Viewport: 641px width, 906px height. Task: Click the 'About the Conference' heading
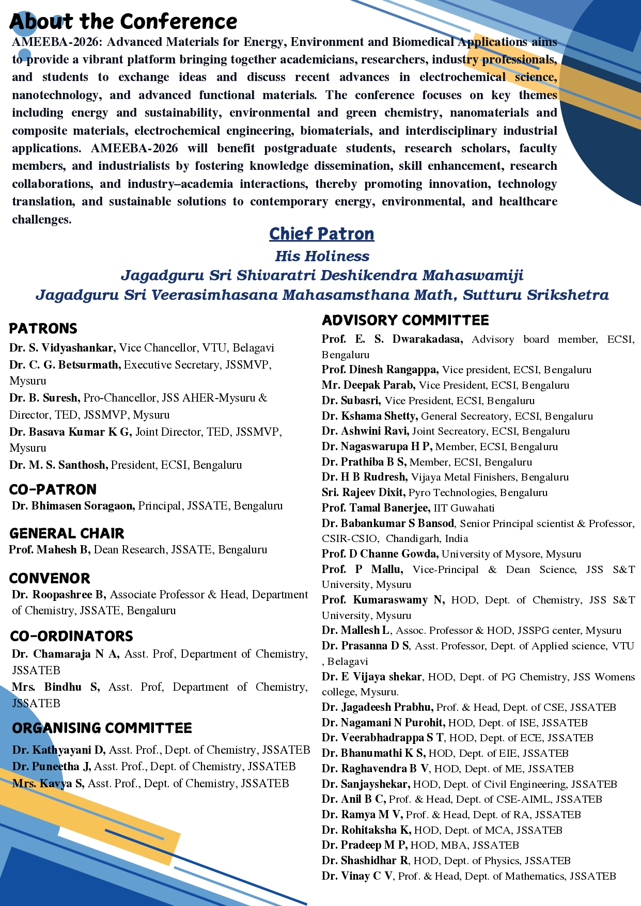coord(123,22)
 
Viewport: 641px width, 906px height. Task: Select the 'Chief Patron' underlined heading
coord(321,234)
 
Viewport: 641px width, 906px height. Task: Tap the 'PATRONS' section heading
coord(43,328)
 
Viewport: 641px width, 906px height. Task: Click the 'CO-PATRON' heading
coord(53,489)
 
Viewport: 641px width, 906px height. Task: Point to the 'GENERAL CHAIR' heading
coord(67,533)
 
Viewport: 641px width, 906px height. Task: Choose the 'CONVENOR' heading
coord(50,578)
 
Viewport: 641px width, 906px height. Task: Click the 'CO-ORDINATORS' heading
coord(72,636)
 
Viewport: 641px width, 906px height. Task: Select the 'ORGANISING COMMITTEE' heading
coord(102,728)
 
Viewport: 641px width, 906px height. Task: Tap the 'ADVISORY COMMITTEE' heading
coord(405,321)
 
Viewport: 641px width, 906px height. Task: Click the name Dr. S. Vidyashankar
coord(62,348)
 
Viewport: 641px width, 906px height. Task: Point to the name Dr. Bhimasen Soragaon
coord(73,506)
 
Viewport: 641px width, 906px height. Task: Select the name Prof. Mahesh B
coord(50,550)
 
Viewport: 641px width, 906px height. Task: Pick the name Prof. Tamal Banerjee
coord(376,508)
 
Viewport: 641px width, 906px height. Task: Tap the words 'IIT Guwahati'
coord(464,508)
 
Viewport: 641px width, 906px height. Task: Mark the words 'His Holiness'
coord(322,256)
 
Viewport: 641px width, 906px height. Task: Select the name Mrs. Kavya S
coord(48,784)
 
